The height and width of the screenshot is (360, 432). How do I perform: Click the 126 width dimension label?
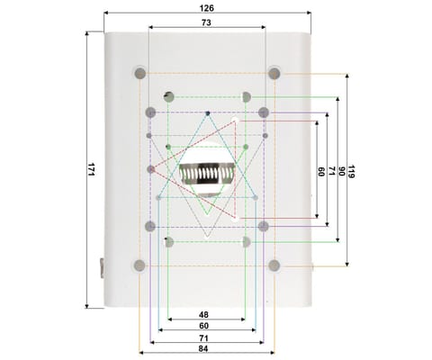coord(207,8)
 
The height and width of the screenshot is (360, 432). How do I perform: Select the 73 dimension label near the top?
coord(206,22)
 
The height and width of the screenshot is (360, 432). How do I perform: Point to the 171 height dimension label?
coord(91,169)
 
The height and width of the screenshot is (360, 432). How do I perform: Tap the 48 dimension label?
coord(203,315)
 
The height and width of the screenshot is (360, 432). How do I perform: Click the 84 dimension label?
coord(203,349)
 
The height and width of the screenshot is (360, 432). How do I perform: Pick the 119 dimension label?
coord(351,171)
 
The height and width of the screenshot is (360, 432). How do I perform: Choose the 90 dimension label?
coord(341,171)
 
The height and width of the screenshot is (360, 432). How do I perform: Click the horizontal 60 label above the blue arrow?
coord(203,326)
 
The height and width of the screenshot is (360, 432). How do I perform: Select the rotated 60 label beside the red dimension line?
coord(321,172)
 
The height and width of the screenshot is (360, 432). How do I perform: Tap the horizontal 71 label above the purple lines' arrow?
coord(203,338)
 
